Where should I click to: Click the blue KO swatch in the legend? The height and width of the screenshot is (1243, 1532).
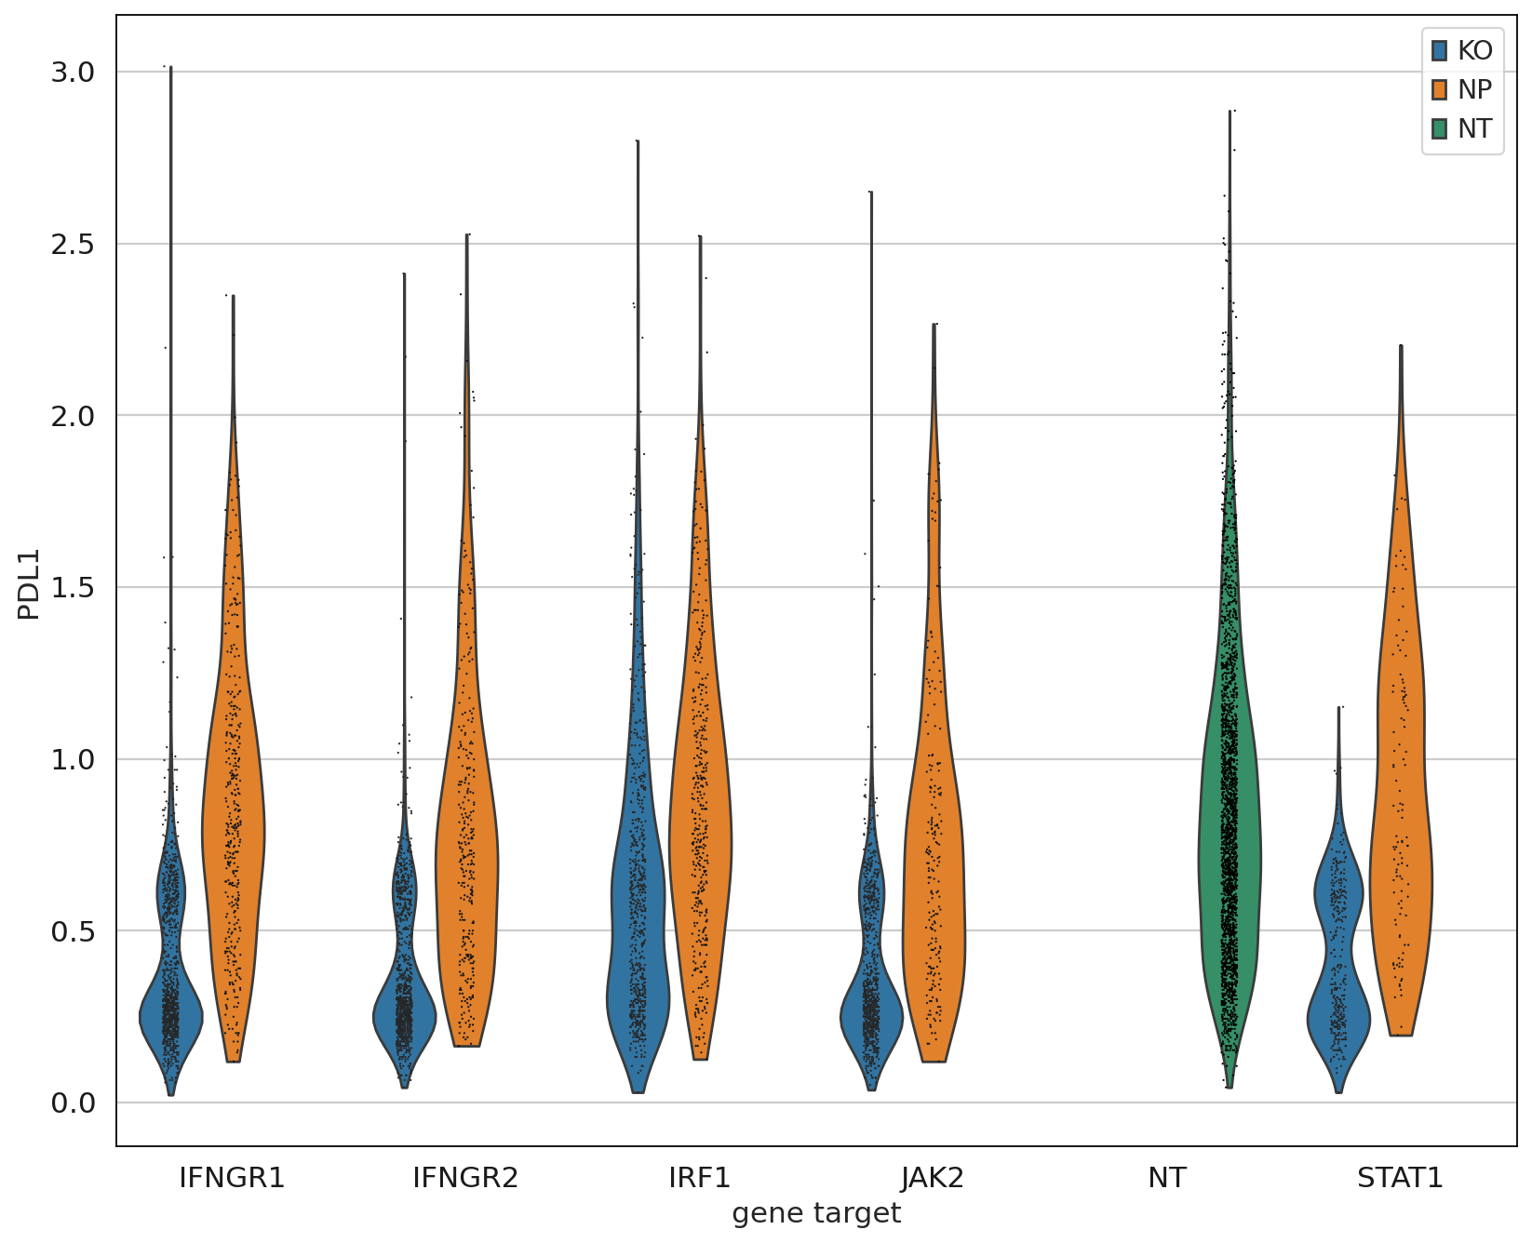[1440, 50]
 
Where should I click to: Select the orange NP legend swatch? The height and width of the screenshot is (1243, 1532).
[1440, 89]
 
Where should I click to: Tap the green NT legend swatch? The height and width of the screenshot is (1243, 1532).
[1440, 128]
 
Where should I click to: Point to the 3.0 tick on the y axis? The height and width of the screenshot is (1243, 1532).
[74, 72]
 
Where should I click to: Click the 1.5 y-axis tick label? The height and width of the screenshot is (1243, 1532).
[74, 587]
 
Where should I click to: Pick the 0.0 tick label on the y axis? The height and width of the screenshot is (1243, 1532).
[74, 1103]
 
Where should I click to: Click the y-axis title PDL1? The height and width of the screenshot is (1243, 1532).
[29, 583]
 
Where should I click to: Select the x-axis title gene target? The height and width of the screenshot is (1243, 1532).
[816, 1213]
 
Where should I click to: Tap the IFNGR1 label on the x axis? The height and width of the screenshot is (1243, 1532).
[232, 1178]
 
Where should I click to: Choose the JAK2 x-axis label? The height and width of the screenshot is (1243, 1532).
[933, 1178]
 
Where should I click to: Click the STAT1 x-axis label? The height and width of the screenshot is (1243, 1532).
[1400, 1178]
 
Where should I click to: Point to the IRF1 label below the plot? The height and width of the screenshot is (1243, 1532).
[700, 1178]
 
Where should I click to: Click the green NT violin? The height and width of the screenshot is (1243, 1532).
[1230, 837]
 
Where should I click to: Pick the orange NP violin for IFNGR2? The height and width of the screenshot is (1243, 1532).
[467, 837]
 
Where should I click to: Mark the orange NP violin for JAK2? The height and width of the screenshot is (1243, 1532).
[934, 884]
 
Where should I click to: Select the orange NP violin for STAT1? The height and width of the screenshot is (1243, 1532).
[1401, 837]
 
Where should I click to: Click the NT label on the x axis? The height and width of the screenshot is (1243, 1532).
[1166, 1178]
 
